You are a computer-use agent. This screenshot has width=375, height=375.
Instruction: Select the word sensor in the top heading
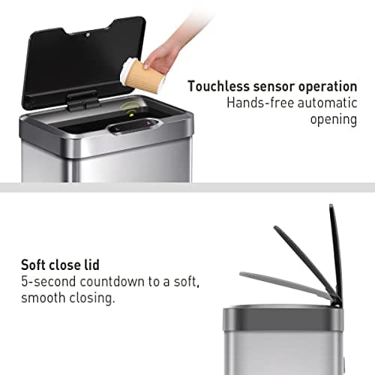click(272, 86)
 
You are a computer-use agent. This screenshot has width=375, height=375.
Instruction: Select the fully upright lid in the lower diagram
click(335, 251)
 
